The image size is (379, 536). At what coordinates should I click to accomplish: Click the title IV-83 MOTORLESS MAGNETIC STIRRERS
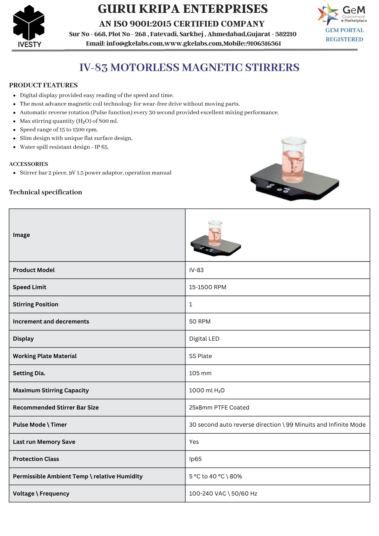click(189, 67)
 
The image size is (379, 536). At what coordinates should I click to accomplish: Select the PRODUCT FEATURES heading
click(43, 85)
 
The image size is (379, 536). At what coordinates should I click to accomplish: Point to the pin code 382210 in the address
click(286, 34)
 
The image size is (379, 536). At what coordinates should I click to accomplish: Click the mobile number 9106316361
click(264, 44)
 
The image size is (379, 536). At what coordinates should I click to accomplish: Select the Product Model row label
click(34, 270)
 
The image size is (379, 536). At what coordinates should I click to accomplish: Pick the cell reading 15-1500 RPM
click(207, 287)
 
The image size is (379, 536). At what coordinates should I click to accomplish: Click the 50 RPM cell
click(200, 321)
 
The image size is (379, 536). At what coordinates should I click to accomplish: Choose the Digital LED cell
click(204, 338)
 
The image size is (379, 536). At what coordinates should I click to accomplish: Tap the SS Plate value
click(200, 356)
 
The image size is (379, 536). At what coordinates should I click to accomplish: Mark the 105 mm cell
click(200, 373)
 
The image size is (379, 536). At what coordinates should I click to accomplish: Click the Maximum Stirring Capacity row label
click(51, 390)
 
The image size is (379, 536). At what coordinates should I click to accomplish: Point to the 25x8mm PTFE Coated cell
click(219, 407)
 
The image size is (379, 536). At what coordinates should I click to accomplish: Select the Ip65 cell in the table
click(195, 459)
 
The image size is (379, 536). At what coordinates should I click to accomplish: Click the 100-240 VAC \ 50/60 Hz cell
click(223, 493)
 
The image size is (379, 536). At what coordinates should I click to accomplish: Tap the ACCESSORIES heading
click(29, 164)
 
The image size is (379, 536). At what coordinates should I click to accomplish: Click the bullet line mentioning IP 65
click(64, 147)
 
